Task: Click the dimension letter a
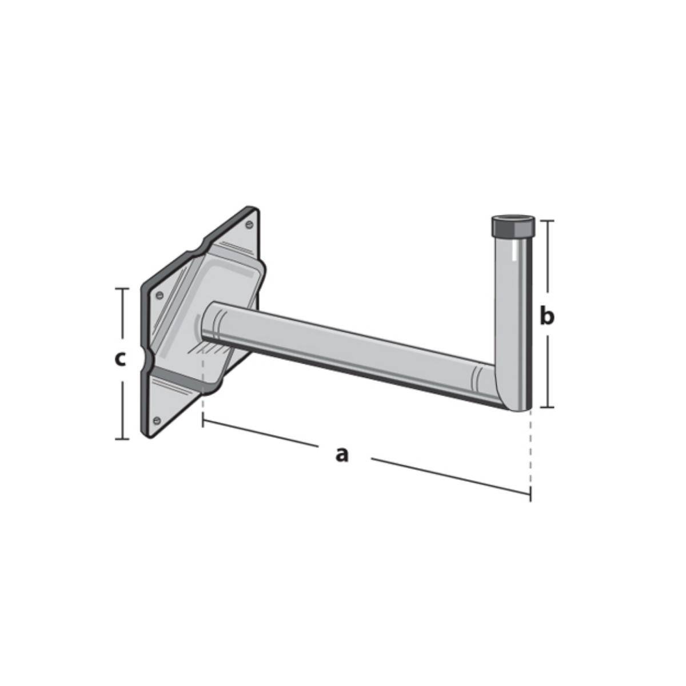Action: (x=341, y=454)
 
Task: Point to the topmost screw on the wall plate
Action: (x=249, y=225)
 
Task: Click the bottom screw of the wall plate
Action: (x=157, y=420)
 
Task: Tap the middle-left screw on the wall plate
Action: (x=159, y=295)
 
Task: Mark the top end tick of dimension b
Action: (x=547, y=221)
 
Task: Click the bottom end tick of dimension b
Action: (x=547, y=407)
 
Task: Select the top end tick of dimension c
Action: (x=122, y=289)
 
